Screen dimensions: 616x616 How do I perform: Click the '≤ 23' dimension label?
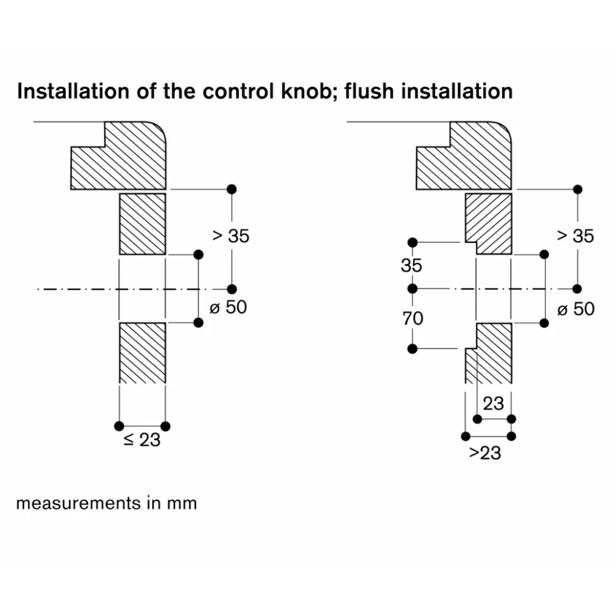[142, 440]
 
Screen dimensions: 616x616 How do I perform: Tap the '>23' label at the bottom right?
[485, 453]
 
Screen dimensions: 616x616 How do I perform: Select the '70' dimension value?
[412, 318]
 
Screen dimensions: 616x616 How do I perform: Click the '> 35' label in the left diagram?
[231, 235]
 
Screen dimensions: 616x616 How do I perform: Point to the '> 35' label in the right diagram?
[575, 235]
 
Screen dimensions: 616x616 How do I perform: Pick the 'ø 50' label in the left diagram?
[228, 307]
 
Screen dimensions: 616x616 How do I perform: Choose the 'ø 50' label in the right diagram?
[575, 308]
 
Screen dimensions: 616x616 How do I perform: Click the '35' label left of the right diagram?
[411, 266]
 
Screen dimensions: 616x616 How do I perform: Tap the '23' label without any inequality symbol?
[493, 403]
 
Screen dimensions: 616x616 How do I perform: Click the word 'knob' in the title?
[309, 92]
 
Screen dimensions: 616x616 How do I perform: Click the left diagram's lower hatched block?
[142, 352]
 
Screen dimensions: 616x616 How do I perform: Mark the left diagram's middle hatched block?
[142, 224]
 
